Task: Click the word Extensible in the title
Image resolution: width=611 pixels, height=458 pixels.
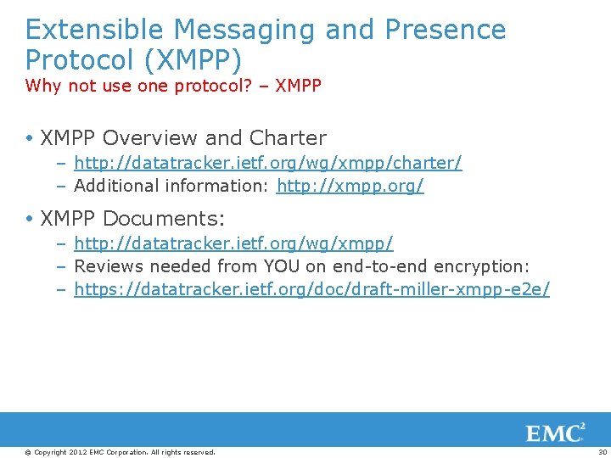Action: (95, 30)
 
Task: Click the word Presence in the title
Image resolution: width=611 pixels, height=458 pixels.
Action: (446, 30)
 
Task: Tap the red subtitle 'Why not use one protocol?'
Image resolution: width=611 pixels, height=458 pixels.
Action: (137, 86)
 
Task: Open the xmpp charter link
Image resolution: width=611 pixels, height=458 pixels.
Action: (268, 162)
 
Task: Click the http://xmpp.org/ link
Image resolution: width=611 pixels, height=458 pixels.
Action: (350, 185)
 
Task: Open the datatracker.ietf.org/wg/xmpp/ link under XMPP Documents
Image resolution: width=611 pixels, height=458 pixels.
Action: (233, 243)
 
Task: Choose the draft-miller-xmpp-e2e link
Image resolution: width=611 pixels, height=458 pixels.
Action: (311, 289)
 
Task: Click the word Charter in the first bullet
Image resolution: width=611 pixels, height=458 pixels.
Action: (288, 137)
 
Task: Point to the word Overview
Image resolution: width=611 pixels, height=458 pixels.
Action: (153, 137)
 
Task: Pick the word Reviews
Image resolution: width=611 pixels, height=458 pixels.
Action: (109, 266)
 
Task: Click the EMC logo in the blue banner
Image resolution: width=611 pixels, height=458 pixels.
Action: (556, 433)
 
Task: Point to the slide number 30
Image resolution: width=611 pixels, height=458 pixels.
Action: (603, 452)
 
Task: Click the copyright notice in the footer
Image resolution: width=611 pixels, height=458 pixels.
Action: (121, 452)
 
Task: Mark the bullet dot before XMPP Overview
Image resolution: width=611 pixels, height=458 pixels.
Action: (31, 138)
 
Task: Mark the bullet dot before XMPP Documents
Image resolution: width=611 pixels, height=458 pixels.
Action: (31, 220)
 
